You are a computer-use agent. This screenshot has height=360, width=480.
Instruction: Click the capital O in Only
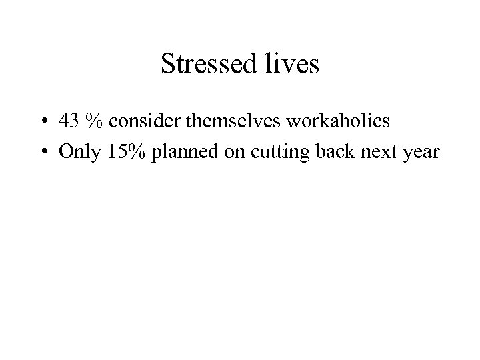[x=65, y=152]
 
